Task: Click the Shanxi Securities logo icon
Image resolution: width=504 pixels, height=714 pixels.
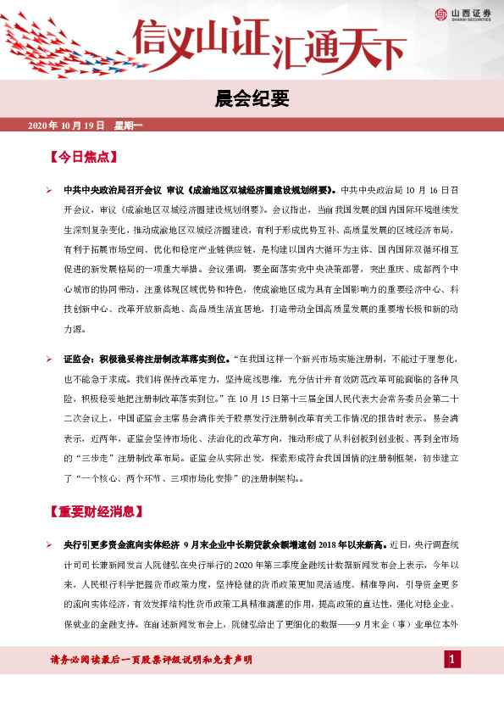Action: (441, 14)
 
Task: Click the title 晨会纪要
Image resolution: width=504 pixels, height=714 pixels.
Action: (252, 99)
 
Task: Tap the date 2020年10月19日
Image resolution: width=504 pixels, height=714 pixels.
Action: (66, 126)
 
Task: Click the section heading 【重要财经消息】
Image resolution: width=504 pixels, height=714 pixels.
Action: (97, 512)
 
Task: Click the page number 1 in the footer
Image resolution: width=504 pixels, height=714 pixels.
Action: (452, 660)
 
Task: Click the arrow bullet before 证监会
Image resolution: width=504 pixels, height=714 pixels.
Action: (50, 360)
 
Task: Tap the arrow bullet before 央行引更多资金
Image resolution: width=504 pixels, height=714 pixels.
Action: (50, 544)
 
